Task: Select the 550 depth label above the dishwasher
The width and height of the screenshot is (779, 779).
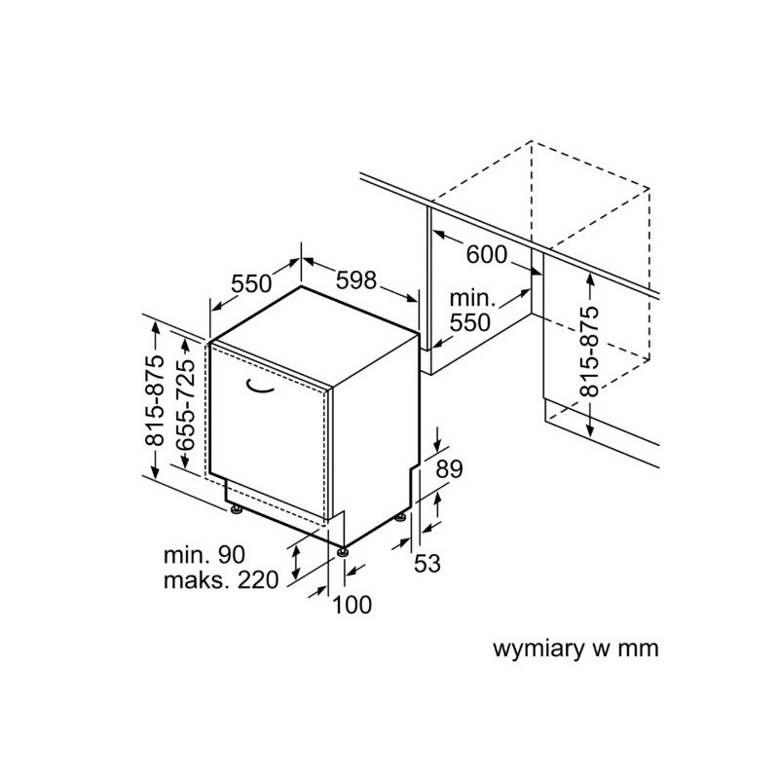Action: tap(251, 283)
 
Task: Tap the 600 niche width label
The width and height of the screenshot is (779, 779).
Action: tap(487, 255)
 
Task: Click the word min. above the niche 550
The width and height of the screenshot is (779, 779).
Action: tap(472, 298)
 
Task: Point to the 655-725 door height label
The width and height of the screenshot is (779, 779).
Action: tap(186, 404)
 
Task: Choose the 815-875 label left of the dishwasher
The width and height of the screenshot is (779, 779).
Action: tap(154, 399)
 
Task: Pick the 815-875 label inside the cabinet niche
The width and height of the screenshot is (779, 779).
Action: tap(590, 352)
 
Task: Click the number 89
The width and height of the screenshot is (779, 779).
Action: tap(449, 468)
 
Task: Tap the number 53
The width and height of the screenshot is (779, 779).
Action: tap(427, 564)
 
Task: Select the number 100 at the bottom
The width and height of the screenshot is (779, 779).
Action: tap(352, 605)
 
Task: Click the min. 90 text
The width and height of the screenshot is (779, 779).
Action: tap(204, 554)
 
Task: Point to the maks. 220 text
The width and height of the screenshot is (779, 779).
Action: tap(221, 579)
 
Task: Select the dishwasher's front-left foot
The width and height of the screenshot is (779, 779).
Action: tap(235, 509)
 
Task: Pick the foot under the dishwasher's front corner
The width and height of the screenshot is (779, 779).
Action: tap(342, 552)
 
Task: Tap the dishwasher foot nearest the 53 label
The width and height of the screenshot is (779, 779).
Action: tap(400, 518)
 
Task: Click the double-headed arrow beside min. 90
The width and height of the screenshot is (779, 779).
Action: tap(296, 562)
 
